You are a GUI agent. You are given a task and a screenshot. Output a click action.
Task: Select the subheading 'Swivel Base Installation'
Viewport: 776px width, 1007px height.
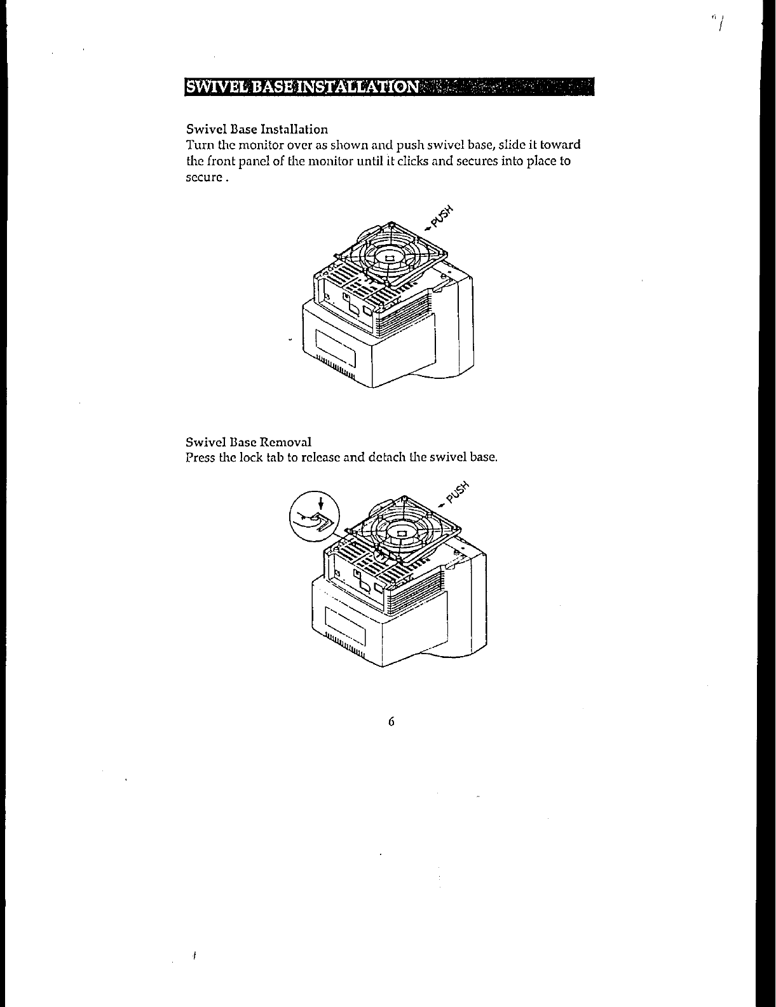(257, 130)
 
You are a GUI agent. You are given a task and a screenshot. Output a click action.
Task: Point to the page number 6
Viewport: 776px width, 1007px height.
(391, 722)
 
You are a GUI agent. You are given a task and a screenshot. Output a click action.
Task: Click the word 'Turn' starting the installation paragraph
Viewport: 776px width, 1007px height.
(197, 146)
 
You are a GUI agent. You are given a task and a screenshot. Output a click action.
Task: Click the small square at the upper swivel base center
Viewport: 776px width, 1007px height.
(389, 257)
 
